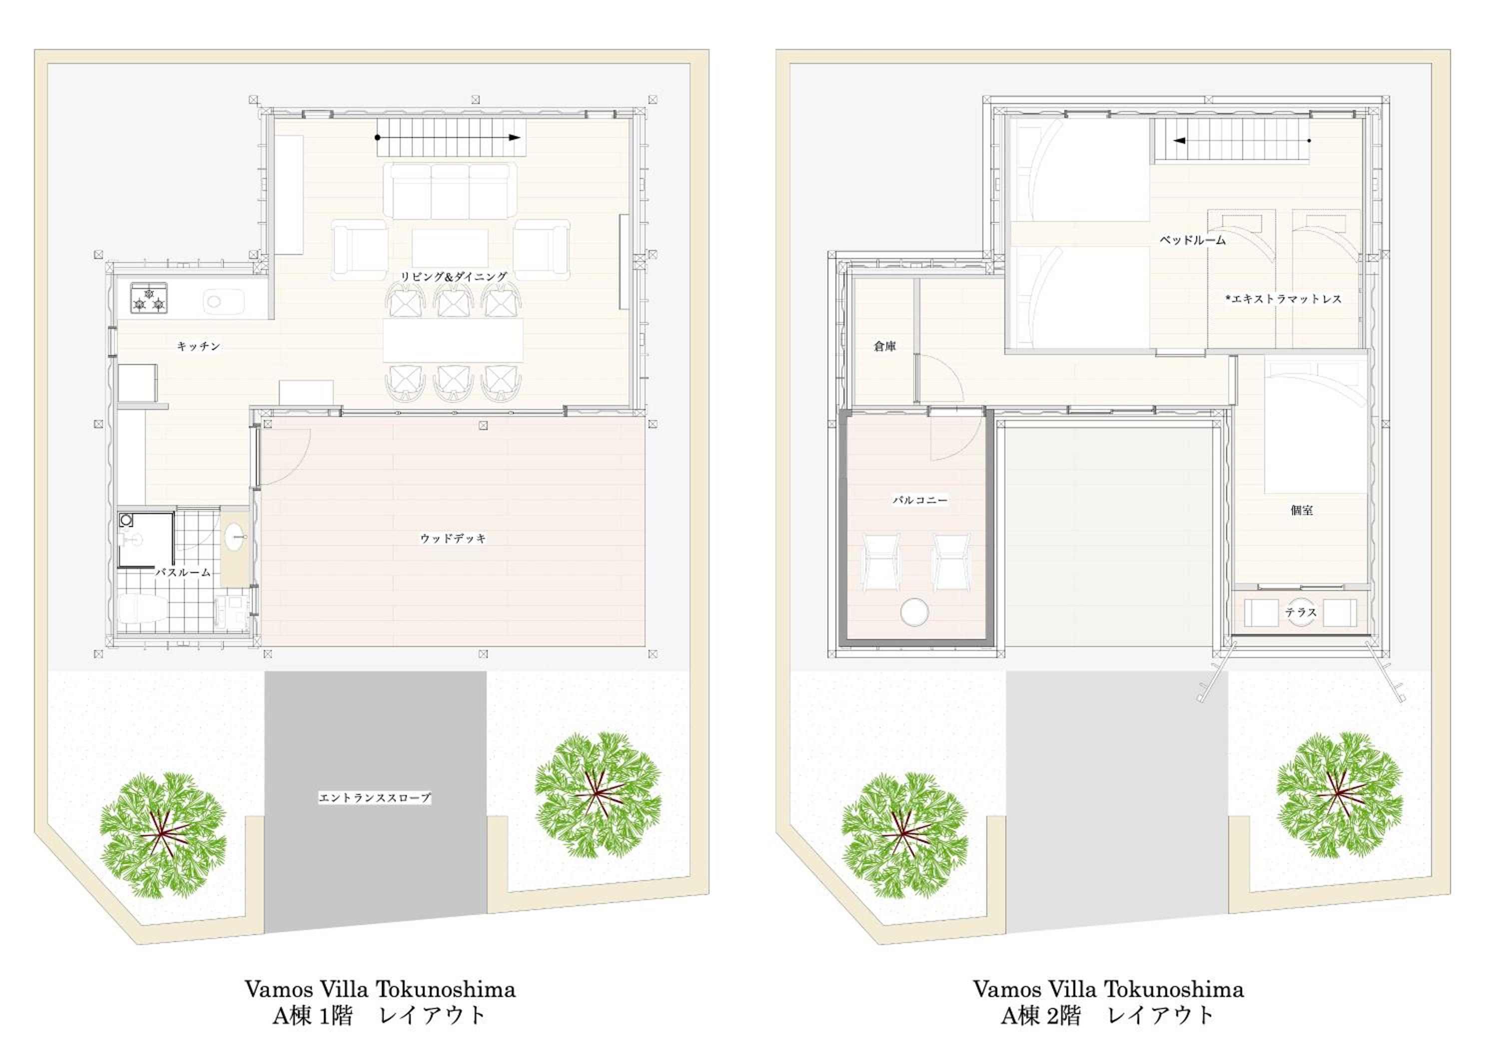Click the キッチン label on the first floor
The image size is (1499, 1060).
point(198,346)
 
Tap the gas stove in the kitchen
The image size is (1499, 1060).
point(148,298)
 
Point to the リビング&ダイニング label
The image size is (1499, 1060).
point(454,277)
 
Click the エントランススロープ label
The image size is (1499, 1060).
point(375,797)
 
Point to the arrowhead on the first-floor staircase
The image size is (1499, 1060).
point(515,138)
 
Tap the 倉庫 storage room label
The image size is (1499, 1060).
point(884,346)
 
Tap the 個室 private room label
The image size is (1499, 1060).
point(1302,510)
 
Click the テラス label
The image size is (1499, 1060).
point(1301,612)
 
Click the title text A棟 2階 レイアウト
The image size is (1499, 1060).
point(1108,1015)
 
